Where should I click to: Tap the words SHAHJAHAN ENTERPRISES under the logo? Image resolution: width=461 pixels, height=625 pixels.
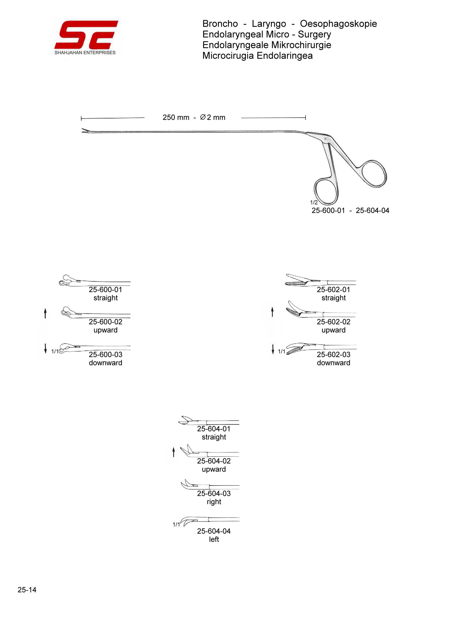(x=85, y=53)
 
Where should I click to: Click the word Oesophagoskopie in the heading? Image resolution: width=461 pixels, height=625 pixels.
(x=338, y=24)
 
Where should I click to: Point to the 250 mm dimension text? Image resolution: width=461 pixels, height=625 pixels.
(x=176, y=118)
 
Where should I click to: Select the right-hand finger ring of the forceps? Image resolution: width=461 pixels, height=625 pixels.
(x=373, y=174)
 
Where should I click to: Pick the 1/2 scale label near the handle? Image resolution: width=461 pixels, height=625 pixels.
(x=314, y=203)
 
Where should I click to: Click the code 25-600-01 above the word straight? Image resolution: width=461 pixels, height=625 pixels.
(x=106, y=290)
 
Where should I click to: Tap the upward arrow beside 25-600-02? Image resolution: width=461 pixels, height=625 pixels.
(x=45, y=314)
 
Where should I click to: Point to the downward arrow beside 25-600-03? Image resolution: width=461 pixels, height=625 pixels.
(x=45, y=349)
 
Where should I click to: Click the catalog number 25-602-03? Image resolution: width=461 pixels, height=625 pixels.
(x=333, y=355)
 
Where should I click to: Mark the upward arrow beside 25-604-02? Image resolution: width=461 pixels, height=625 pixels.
(x=173, y=452)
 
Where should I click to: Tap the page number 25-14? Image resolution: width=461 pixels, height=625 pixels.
(x=27, y=590)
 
